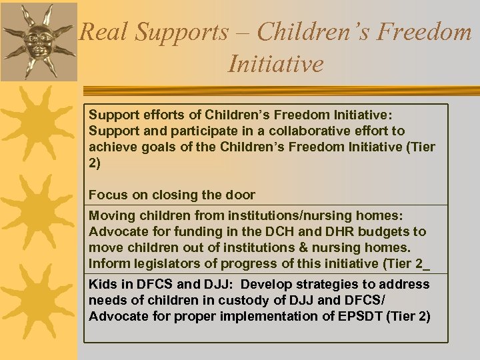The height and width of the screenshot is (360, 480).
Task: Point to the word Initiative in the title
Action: click(x=275, y=64)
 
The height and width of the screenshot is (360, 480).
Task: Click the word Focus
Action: click(x=107, y=195)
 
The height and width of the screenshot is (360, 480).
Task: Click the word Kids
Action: click(x=101, y=285)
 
